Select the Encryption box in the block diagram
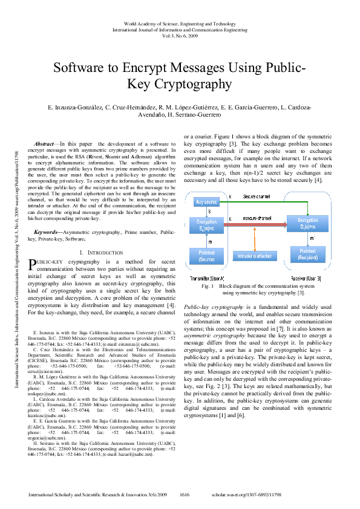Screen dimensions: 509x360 (x=206, y=225)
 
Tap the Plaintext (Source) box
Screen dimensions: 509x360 (x=206, y=255)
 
